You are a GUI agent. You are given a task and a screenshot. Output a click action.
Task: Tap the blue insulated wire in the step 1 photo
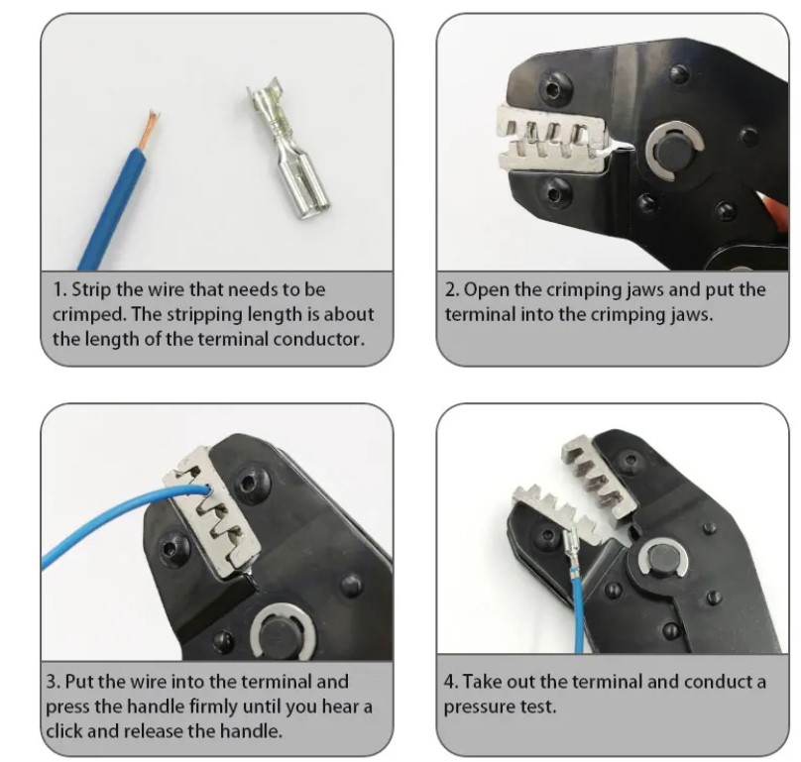[112, 207]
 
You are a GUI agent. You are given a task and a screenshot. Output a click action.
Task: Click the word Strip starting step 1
[91, 289]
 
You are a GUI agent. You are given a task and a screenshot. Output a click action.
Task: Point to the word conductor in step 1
[319, 339]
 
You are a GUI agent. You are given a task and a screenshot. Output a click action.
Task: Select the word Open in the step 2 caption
[487, 290]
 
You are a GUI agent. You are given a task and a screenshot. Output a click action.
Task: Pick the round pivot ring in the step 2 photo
[674, 151]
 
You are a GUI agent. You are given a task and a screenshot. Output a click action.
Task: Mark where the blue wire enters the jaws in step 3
[207, 489]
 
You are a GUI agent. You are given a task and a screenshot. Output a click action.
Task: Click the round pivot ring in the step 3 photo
[283, 632]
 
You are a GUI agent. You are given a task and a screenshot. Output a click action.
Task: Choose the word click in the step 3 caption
[64, 730]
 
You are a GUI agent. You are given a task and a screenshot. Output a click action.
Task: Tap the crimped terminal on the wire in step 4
[571, 549]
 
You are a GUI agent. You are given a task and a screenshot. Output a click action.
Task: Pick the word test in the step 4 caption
[537, 707]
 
